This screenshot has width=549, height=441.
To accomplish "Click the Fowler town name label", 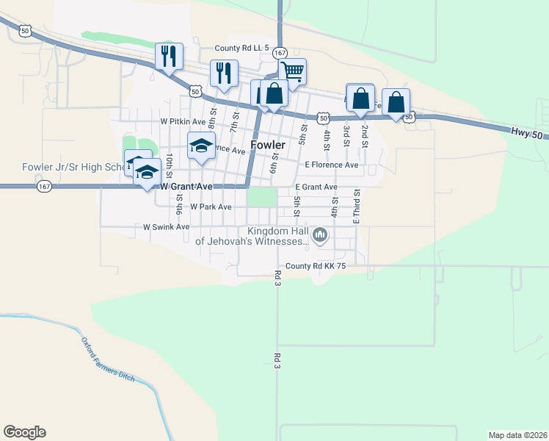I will pos(268,146).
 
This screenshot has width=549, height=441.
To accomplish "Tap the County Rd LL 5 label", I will pos(238,49).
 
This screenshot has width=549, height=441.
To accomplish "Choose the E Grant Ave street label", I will pos(316,187).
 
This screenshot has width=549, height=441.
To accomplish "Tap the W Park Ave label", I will pos(211,207).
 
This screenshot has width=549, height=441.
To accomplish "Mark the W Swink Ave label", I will pos(166,228).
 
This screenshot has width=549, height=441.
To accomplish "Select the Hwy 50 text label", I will pos(526,131).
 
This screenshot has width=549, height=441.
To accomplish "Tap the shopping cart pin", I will pos(292,72).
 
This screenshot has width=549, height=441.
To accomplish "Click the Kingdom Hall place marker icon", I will pos(319,236).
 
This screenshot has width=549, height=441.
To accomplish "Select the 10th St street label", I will pos(169,163).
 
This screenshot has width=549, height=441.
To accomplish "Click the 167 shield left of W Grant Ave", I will pos(44,187).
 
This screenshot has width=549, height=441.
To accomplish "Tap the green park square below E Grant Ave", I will pos(262,198).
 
